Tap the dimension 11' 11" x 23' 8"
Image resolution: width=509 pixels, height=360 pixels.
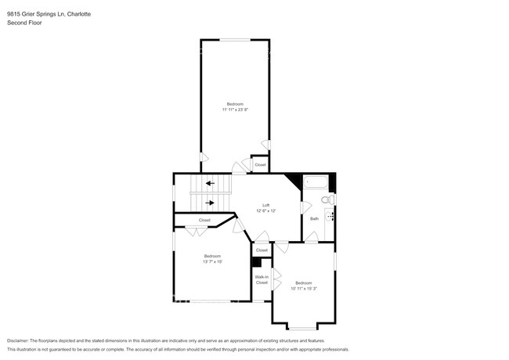[x=235, y=110]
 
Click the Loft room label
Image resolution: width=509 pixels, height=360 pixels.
[x=266, y=205]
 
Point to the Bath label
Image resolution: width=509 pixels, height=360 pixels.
[x=314, y=219]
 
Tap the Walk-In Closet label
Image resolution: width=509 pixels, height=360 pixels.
[x=262, y=279]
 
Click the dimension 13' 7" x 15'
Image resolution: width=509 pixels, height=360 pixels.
[x=213, y=262]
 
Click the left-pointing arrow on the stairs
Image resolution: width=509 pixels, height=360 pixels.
[x=209, y=184]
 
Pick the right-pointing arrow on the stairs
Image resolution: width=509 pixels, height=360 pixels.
[x=209, y=202]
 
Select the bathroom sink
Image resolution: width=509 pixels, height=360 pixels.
[x=330, y=217]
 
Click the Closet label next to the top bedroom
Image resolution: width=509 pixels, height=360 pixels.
[x=260, y=165]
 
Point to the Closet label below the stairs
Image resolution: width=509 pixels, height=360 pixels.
[x=204, y=221]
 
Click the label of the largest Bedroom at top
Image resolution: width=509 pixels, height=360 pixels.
[x=235, y=104]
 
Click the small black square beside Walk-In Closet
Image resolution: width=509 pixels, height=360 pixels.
[x=256, y=262]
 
